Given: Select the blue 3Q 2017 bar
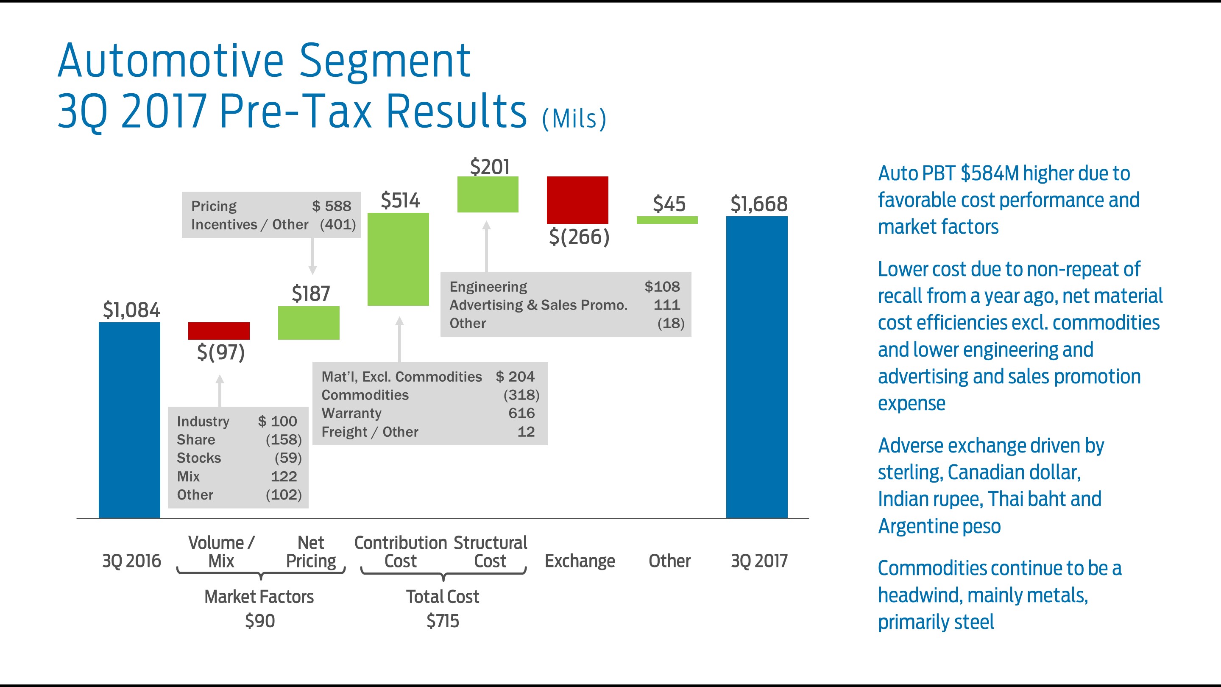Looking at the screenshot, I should (756, 367).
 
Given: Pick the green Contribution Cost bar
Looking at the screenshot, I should (398, 260).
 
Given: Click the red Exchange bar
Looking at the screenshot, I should (577, 200).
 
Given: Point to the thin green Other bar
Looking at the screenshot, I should (667, 220).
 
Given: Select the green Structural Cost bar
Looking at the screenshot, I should (488, 194).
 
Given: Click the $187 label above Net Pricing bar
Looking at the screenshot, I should (310, 293).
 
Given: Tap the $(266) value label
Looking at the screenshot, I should (579, 237).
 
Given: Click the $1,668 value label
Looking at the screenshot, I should (758, 204).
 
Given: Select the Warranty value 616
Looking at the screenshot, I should (521, 413).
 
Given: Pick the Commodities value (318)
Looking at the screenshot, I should (521, 395).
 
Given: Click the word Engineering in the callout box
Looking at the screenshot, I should (488, 287).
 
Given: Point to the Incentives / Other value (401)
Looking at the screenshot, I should (337, 224).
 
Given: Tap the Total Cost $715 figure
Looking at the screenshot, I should (443, 620).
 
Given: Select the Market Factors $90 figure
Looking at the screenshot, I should (260, 620).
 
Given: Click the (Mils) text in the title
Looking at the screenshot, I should (574, 119).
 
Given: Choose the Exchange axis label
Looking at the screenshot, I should (579, 561).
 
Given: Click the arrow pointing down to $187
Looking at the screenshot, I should (312, 256).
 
